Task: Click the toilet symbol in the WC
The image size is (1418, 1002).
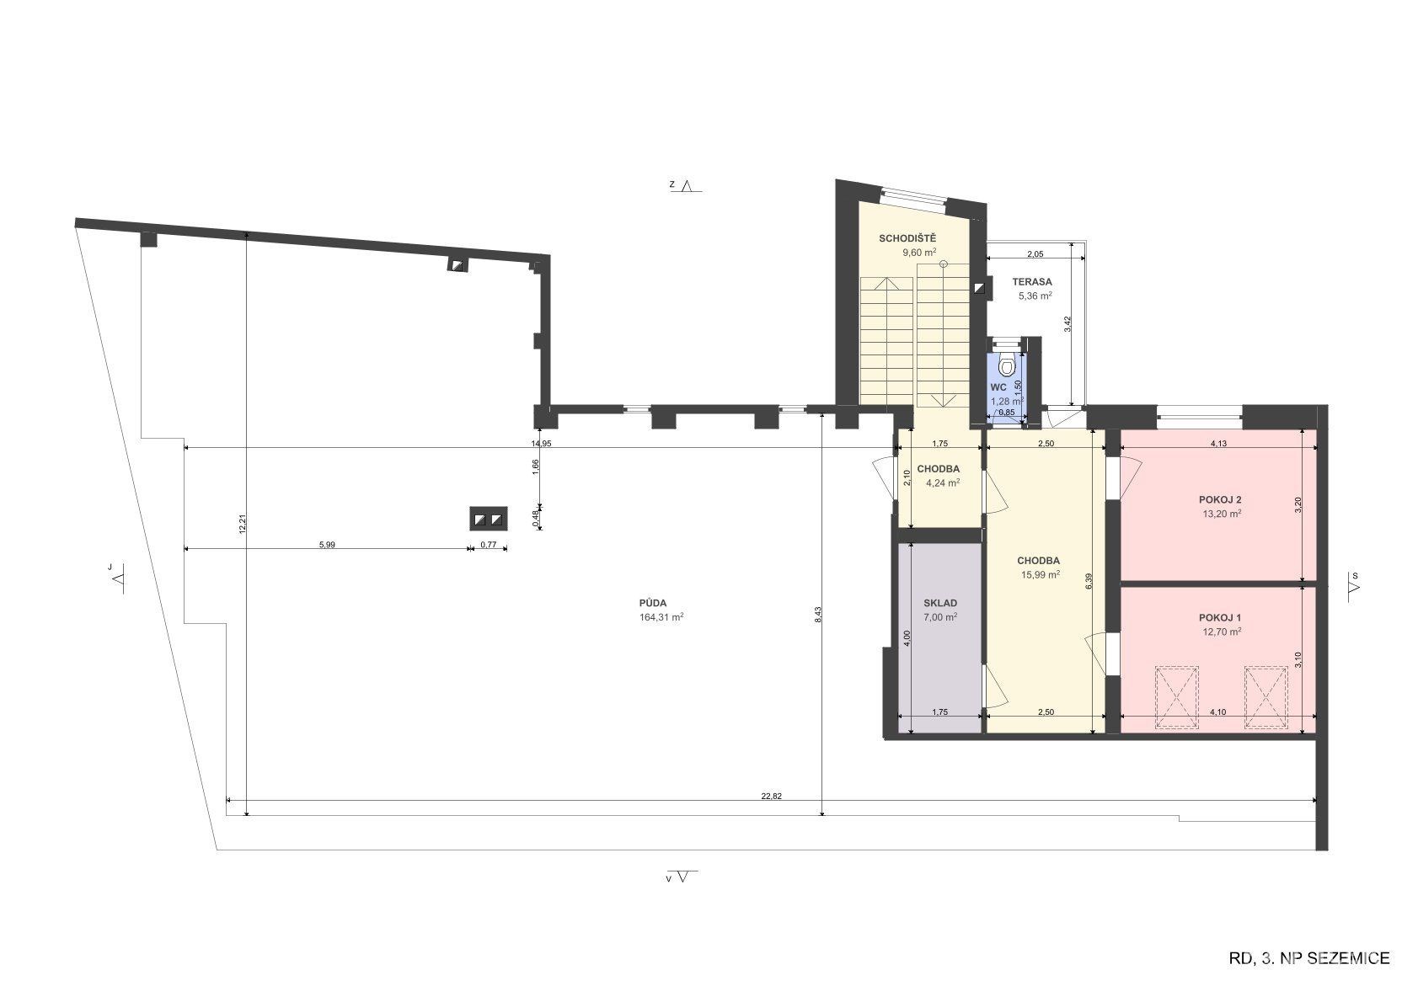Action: click(x=1006, y=363)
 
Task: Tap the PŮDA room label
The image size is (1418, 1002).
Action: click(x=653, y=603)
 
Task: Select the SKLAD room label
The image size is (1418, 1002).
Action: click(x=940, y=603)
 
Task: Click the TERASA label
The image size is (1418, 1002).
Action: click(x=1032, y=281)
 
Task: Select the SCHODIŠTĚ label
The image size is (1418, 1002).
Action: click(x=907, y=237)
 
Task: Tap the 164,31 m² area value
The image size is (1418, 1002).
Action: click(x=661, y=617)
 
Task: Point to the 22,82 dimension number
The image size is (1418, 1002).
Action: click(x=772, y=796)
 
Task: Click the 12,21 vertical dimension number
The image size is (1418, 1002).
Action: click(x=243, y=524)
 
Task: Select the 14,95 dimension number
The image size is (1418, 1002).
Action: click(x=541, y=444)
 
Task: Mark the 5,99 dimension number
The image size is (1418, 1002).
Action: click(x=327, y=545)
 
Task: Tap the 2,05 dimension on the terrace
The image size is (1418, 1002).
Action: click(x=1035, y=254)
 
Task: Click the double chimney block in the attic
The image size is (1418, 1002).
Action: click(x=488, y=520)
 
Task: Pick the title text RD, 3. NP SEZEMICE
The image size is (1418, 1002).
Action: click(x=1309, y=957)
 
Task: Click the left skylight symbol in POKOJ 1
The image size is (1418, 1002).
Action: click(x=1177, y=698)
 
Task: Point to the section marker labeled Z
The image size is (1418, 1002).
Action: click(x=686, y=185)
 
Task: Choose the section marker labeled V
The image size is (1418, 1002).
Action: click(x=681, y=877)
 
